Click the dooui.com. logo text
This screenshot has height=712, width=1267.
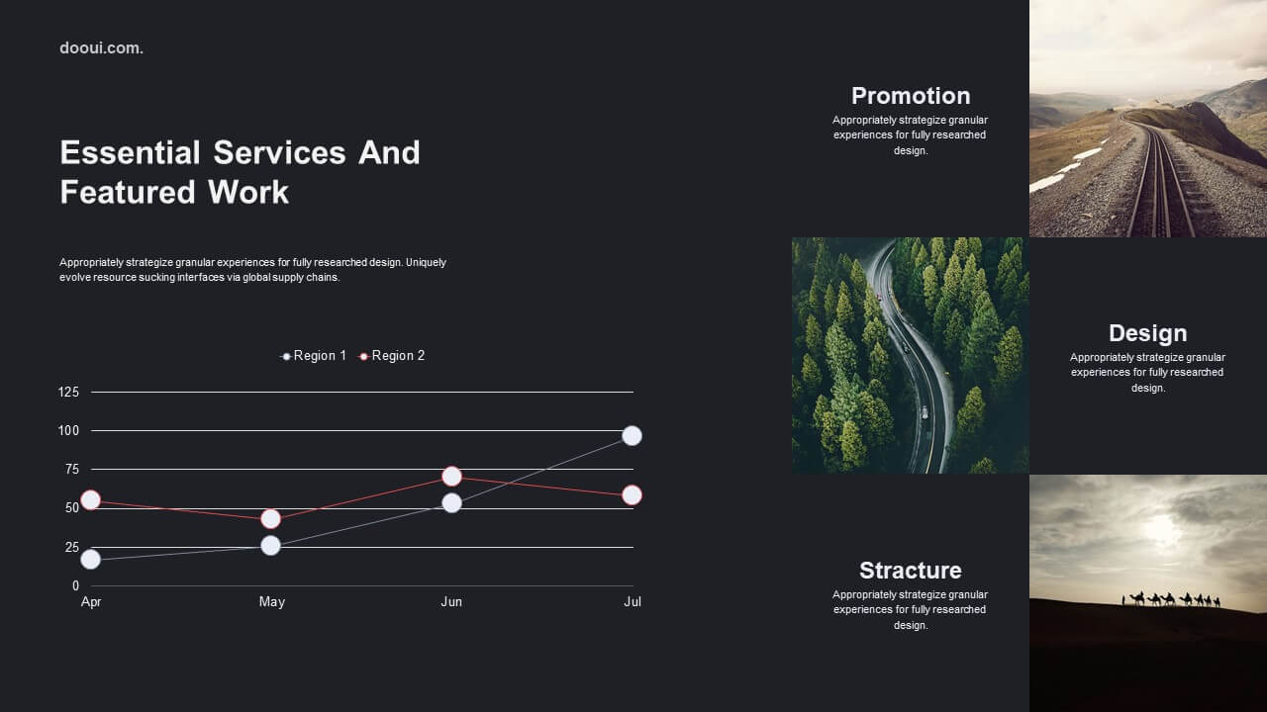101,48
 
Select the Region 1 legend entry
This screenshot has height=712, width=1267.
314,356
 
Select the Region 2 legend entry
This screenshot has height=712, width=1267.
391,356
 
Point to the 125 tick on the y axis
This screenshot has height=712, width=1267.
68,393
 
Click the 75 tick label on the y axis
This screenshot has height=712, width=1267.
72,470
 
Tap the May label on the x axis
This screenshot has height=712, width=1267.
271,602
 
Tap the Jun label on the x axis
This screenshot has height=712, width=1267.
451,602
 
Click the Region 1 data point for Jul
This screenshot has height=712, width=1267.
632,436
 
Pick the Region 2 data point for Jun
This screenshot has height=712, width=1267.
451,477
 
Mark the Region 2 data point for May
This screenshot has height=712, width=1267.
271,519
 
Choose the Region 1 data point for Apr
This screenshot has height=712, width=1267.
90,560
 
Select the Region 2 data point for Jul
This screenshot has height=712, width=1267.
632,495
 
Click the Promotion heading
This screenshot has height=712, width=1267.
911,96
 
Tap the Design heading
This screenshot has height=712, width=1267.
1147,333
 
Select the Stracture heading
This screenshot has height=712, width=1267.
910,571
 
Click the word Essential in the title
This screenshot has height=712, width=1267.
130,152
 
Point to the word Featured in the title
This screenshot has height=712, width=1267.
128,192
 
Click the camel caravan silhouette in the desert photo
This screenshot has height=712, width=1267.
1171,599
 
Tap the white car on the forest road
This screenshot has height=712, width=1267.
925,412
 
